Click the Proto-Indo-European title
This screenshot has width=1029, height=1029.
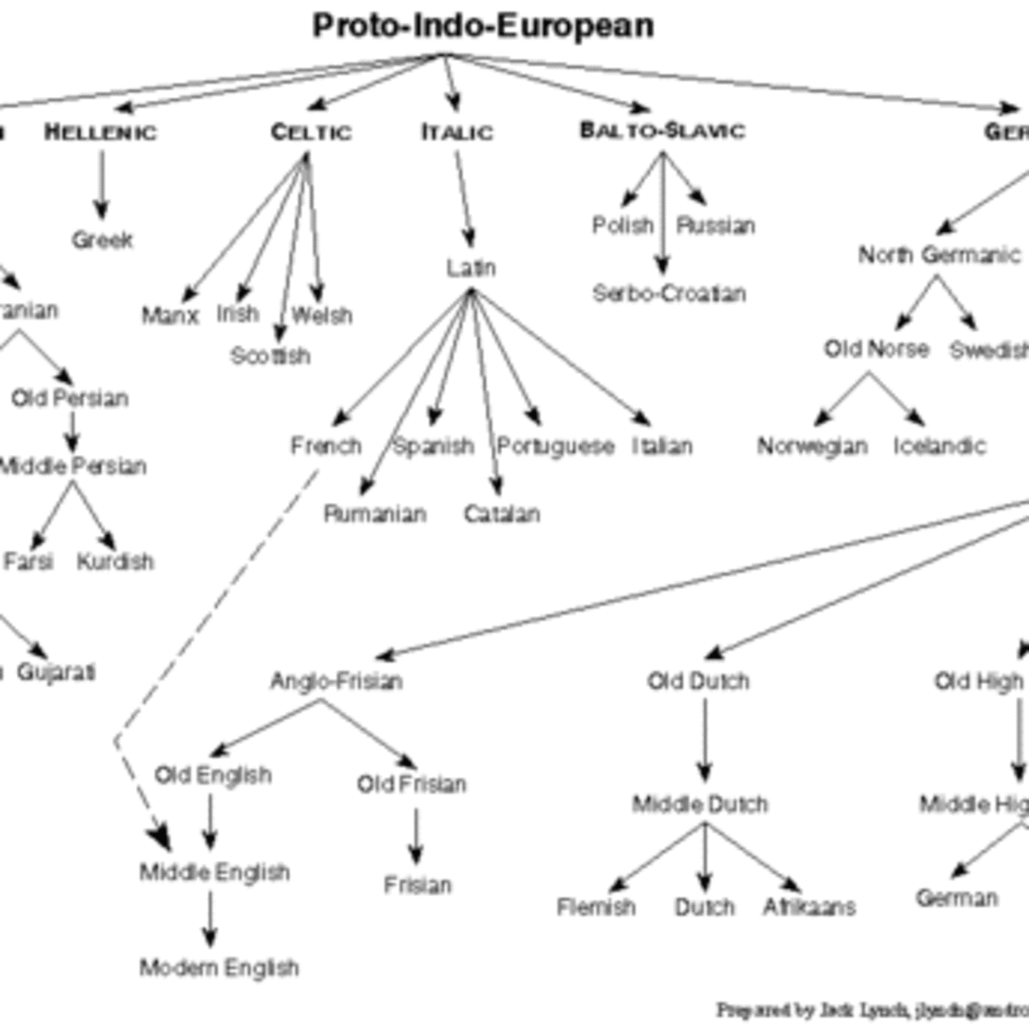(x=483, y=26)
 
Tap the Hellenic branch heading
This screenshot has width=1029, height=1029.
(x=101, y=132)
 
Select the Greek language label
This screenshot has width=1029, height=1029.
(x=102, y=240)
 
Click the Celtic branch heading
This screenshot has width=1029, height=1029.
(x=312, y=132)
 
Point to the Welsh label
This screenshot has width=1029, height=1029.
(x=322, y=315)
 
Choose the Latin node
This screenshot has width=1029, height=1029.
(x=471, y=268)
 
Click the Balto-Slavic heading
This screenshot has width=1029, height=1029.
(x=662, y=131)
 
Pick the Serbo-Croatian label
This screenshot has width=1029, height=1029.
(x=669, y=293)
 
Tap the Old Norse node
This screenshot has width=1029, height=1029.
(x=876, y=348)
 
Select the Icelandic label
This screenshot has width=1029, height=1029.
(x=939, y=446)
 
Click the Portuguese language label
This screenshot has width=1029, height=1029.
(x=556, y=446)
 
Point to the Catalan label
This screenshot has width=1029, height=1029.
(x=502, y=514)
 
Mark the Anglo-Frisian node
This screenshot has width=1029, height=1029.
(x=337, y=681)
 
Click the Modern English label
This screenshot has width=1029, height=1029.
(x=219, y=967)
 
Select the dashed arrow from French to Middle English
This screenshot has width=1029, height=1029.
(x=220, y=603)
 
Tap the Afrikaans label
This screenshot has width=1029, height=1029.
(x=809, y=907)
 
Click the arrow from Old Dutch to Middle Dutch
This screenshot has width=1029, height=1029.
(x=705, y=739)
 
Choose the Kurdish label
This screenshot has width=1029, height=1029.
(x=115, y=562)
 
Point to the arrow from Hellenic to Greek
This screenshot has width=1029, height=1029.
(x=101, y=184)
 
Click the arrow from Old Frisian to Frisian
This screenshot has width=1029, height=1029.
(x=416, y=836)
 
